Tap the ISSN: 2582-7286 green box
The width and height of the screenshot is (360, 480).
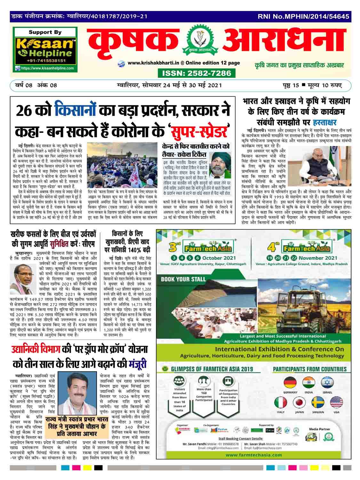tap(196, 73)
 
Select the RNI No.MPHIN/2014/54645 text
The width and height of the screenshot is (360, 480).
tap(303, 16)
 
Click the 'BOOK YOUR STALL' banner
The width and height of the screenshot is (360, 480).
tap(183, 279)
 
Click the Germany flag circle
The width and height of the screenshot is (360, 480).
tap(290, 383)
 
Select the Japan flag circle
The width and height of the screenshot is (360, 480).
tap(300, 403)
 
